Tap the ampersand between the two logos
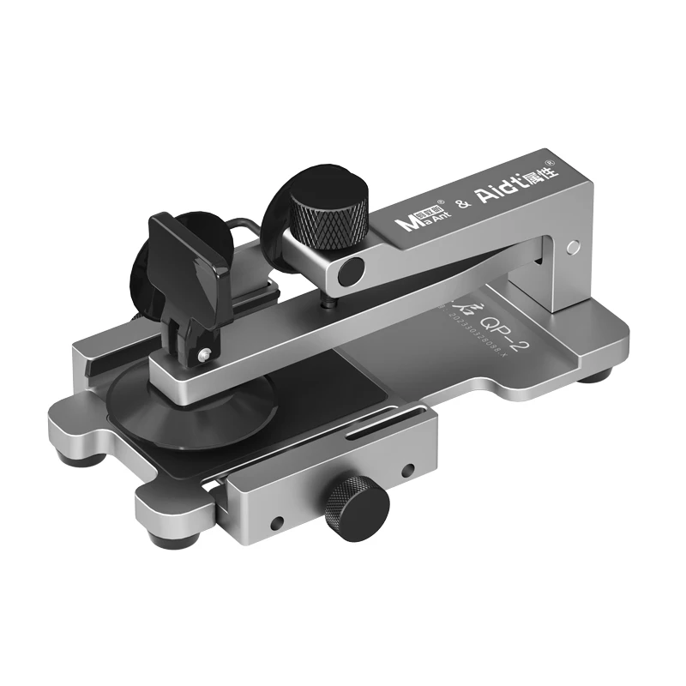point(461,203)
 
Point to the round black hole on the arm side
point(349,273)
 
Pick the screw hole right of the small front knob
point(408,470)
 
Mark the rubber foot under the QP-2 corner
point(597,375)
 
